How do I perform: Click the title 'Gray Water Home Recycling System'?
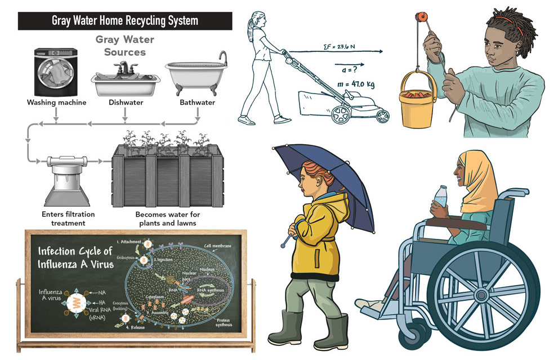[125, 21]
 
